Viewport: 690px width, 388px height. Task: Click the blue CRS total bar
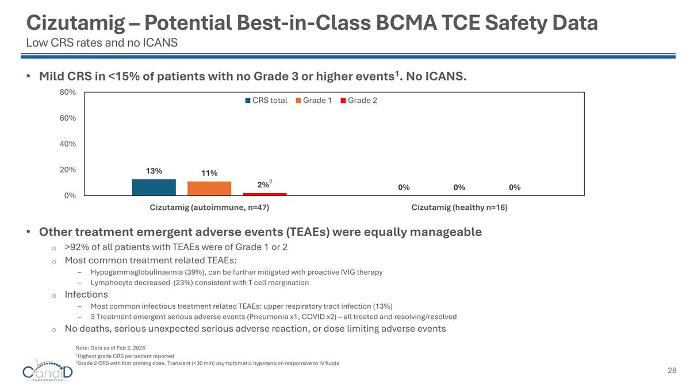tap(154, 187)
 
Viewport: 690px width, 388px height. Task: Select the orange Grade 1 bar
tap(209, 189)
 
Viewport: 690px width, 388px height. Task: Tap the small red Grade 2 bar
tap(264, 194)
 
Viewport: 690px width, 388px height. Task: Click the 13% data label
tap(154, 171)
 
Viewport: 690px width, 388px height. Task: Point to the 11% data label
tap(209, 173)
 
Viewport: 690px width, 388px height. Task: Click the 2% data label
tap(263, 185)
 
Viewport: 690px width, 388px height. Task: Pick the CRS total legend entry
tap(266, 101)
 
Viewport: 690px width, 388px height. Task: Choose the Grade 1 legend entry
tap(313, 101)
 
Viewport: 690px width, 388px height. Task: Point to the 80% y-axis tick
tap(68, 92)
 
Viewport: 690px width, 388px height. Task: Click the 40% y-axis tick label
tap(68, 144)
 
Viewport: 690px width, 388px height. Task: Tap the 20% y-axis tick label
tap(68, 170)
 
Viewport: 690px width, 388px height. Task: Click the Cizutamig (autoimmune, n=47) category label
tap(209, 208)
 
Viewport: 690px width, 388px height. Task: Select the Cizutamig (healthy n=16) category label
tap(459, 208)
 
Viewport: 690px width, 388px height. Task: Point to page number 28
tap(672, 371)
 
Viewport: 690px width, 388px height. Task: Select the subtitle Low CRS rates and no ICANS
tap(102, 43)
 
